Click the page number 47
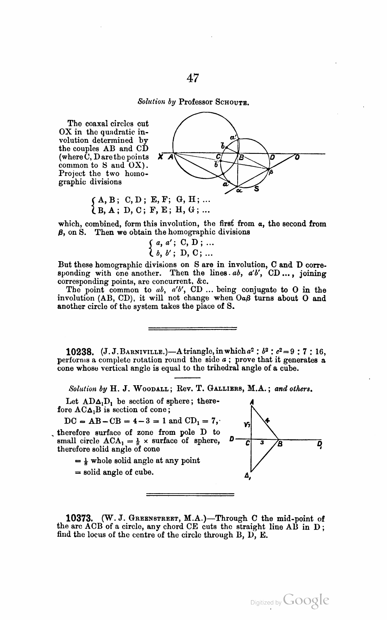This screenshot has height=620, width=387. [193, 78]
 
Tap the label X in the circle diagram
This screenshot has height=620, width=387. [161, 157]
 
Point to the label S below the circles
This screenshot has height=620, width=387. [257, 188]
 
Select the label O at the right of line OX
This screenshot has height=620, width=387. [297, 157]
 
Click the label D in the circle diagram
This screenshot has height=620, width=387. [272, 157]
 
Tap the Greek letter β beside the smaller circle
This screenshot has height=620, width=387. [271, 173]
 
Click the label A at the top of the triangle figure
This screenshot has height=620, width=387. [252, 402]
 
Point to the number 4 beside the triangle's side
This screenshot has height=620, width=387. [268, 420]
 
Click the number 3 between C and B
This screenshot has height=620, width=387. [262, 443]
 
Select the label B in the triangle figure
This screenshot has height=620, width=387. [280, 444]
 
